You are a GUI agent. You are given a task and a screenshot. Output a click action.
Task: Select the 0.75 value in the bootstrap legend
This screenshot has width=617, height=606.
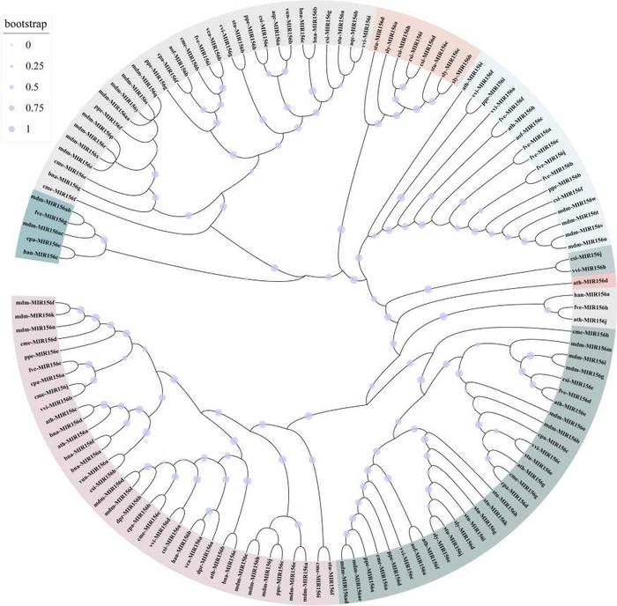point(29,107)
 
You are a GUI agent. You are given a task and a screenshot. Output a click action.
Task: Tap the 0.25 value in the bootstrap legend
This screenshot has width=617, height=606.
point(32,64)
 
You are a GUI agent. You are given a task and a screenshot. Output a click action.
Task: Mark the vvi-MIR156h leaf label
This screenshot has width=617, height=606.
point(586,266)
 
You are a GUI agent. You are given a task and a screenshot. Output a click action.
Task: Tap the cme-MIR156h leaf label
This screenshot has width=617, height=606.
point(590,334)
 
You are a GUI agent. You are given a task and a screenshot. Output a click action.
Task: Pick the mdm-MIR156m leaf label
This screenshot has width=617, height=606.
point(587,347)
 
